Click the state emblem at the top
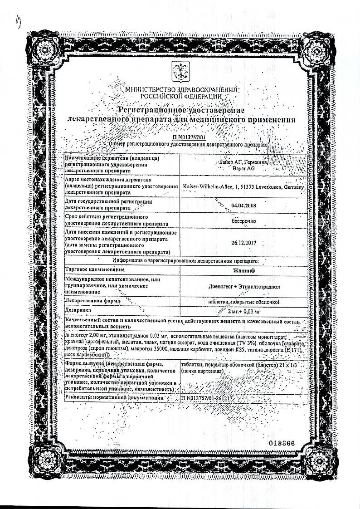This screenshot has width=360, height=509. (180, 71)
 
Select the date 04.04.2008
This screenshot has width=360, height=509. (243, 205)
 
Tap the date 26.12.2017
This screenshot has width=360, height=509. (244, 243)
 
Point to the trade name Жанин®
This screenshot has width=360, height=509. (244, 269)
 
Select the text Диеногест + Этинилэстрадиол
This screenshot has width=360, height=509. (244, 287)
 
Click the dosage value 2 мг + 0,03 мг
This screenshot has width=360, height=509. (244, 311)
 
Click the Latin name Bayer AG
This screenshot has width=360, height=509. (243, 168)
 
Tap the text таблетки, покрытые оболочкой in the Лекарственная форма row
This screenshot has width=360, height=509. (244, 301)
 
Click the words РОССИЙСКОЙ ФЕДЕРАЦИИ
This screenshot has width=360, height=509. (181, 97)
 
